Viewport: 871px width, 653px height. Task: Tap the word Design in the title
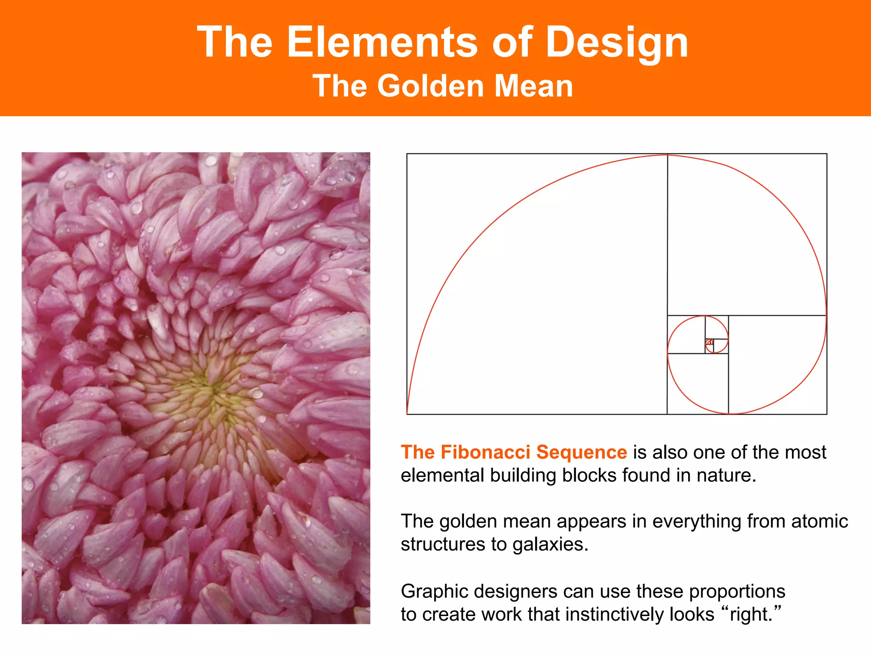[617, 42]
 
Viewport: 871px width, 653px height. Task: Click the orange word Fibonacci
[485, 452]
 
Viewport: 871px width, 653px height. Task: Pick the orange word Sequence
[581, 453]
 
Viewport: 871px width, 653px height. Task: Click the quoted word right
[750, 615]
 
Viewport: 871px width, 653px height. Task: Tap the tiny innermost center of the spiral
[709, 342]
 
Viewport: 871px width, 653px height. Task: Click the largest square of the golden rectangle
[537, 284]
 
